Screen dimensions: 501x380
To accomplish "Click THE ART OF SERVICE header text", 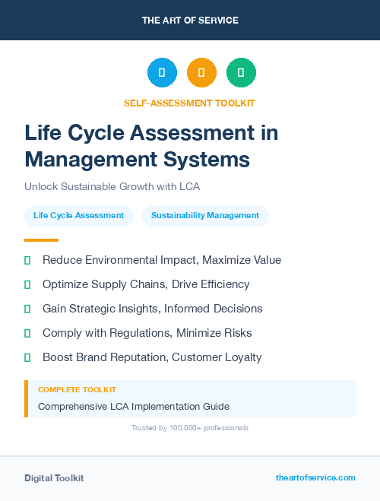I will tap(190, 21).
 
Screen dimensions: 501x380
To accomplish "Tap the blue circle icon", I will tap(162, 73).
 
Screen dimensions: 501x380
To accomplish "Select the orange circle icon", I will tap(201, 73).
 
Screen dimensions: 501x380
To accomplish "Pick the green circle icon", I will tap(241, 73).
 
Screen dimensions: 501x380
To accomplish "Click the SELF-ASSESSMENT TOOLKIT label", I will tap(189, 103).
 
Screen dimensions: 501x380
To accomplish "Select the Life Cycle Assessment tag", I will tap(78, 216).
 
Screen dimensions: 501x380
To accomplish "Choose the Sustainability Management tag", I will tap(205, 216).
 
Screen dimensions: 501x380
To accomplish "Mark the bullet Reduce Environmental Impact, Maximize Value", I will tap(161, 260).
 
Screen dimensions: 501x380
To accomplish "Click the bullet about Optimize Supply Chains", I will tap(146, 284).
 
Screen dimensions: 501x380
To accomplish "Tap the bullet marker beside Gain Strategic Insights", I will tap(27, 309).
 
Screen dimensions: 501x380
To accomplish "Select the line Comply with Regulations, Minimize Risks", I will tap(147, 333).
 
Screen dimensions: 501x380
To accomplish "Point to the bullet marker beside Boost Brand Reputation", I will tap(27, 357).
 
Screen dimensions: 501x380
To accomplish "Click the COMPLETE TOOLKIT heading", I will tap(77, 389).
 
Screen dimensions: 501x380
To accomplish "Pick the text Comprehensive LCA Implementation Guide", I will tap(134, 406).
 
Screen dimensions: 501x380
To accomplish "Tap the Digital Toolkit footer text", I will tap(54, 478).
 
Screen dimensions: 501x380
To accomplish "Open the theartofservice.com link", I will tap(315, 477).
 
